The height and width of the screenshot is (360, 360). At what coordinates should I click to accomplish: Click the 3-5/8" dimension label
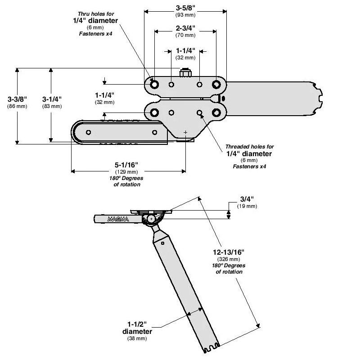[185, 8]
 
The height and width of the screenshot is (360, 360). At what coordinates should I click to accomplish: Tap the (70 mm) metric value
[185, 36]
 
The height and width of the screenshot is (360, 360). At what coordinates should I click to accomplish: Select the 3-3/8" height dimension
[17, 99]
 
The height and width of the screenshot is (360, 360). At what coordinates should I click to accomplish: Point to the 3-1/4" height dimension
[52, 99]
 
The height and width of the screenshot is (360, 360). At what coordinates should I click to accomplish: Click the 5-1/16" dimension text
[126, 165]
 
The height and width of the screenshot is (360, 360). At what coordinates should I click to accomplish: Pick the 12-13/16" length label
[229, 252]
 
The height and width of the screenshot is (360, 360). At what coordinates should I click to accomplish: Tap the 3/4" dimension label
[247, 199]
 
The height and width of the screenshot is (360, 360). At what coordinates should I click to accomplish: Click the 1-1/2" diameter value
[137, 324]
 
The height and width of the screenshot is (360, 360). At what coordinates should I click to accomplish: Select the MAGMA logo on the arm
[118, 219]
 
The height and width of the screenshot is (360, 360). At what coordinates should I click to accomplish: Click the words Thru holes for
[96, 14]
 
